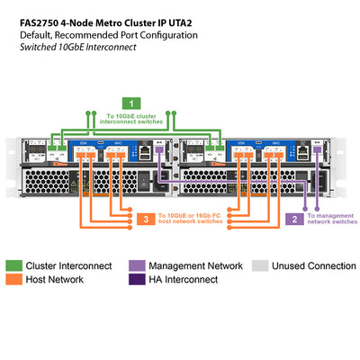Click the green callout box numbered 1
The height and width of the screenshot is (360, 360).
click(132, 103)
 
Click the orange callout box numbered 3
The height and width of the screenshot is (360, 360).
click(145, 219)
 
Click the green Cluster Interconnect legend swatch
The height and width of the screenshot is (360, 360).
click(14, 266)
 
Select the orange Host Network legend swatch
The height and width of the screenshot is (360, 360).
click(14, 280)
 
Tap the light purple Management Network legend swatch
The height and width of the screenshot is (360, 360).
click(137, 266)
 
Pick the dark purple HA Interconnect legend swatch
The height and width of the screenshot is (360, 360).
click(137, 280)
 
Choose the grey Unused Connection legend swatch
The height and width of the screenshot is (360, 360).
click(259, 266)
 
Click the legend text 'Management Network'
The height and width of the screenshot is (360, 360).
click(195, 266)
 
